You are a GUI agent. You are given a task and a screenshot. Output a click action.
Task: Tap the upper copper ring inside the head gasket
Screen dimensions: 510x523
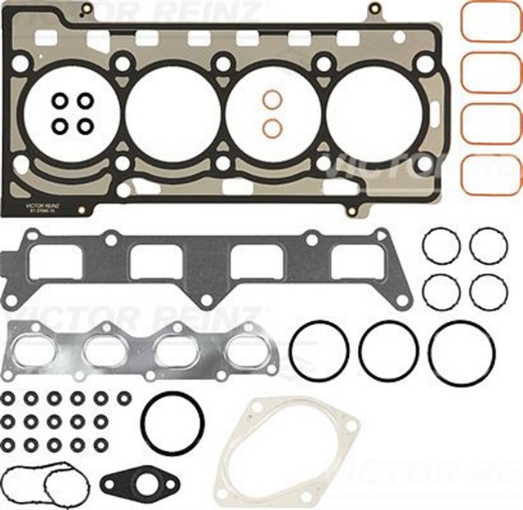(272, 100)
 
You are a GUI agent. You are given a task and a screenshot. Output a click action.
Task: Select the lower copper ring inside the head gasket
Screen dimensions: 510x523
(272, 127)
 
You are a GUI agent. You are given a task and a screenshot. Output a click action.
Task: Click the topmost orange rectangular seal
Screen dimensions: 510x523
(490, 23)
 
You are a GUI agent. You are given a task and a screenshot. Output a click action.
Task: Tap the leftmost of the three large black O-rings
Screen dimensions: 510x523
(319, 350)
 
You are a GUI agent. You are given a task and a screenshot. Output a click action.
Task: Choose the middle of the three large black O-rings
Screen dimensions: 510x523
(389, 350)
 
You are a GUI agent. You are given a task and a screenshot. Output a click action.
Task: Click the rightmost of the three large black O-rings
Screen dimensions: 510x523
(461, 351)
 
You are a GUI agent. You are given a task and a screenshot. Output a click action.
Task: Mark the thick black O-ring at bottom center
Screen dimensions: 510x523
(172, 423)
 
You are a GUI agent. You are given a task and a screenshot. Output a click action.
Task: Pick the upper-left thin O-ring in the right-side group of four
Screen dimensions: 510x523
(440, 245)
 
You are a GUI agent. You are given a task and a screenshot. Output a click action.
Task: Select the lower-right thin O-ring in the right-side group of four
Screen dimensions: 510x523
(489, 291)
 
